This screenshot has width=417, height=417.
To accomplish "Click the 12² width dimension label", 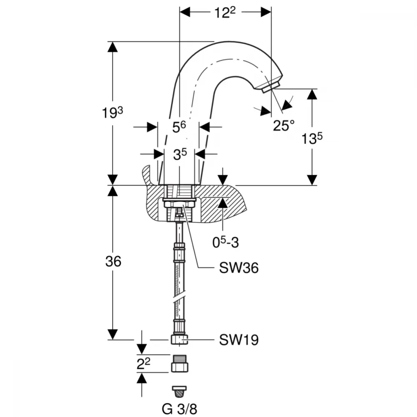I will point(225,13).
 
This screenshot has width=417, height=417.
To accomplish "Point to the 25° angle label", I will point(284,125).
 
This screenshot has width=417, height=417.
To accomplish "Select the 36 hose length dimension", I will point(112,262).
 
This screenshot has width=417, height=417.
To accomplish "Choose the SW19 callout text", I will point(239,340).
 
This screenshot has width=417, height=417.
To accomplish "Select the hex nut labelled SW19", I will point(179,340).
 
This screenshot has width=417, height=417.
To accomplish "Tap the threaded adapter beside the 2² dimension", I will point(179,364).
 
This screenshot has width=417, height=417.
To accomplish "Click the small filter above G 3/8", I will point(179,389).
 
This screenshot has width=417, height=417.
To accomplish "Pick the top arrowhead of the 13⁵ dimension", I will point(312,94).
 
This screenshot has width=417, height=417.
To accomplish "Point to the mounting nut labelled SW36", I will point(179,203).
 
